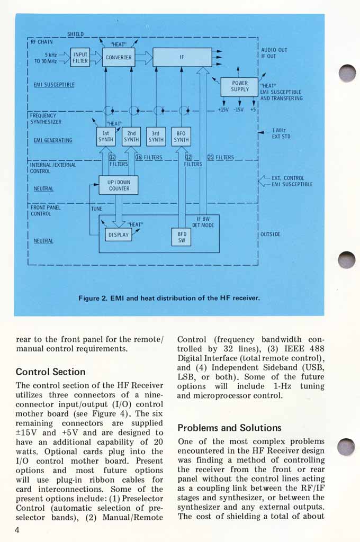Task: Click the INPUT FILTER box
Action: pos(80,57)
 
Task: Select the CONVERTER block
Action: pos(119,57)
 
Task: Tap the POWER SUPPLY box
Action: pos(240,87)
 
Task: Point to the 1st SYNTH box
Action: pos(105,137)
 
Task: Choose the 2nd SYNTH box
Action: pos(131,137)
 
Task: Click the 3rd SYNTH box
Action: pos(156,137)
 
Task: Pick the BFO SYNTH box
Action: pos(181,137)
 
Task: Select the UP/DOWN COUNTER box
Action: pos(119,185)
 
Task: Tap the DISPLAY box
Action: pos(118,234)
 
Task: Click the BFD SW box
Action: pos(182,237)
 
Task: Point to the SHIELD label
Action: pos(75,34)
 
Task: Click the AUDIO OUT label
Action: pos(274,50)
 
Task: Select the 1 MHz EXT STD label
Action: pos(281,133)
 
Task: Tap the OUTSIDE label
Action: pos(270,234)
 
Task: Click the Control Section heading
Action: pos(50,372)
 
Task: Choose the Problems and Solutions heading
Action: pos(229,428)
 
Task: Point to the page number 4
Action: pos(17,530)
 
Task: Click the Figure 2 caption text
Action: pos(169,298)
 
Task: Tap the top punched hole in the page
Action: pos(347,73)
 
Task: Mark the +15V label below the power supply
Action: pos(222,110)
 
